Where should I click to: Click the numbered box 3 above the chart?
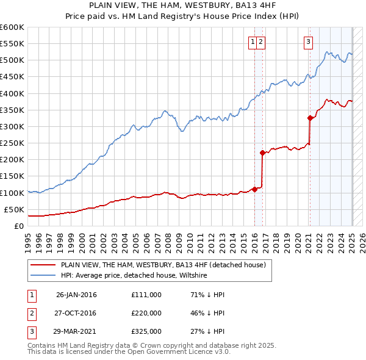(309, 42)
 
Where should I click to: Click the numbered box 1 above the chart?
(253, 42)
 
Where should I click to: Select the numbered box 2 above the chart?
(260, 42)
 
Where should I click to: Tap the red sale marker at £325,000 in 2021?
(310, 118)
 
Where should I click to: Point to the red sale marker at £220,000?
(262, 153)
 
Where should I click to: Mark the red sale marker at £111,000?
(254, 189)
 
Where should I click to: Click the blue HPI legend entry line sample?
(42, 275)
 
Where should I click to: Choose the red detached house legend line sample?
(42, 265)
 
